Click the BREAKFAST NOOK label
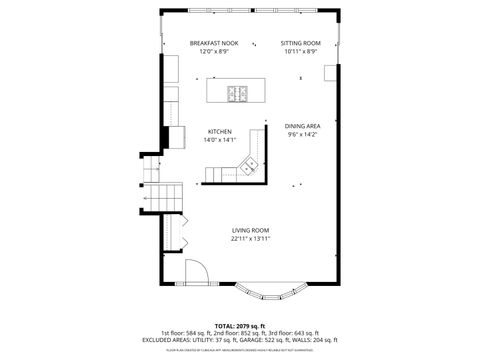214,43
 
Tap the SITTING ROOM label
300,43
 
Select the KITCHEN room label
220,132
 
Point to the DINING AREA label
301,126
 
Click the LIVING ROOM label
251,230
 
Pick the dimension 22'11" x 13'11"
251,239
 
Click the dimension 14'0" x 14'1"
220,141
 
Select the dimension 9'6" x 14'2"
301,135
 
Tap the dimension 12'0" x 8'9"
214,52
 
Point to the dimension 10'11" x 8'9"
300,52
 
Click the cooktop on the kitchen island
238,94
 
